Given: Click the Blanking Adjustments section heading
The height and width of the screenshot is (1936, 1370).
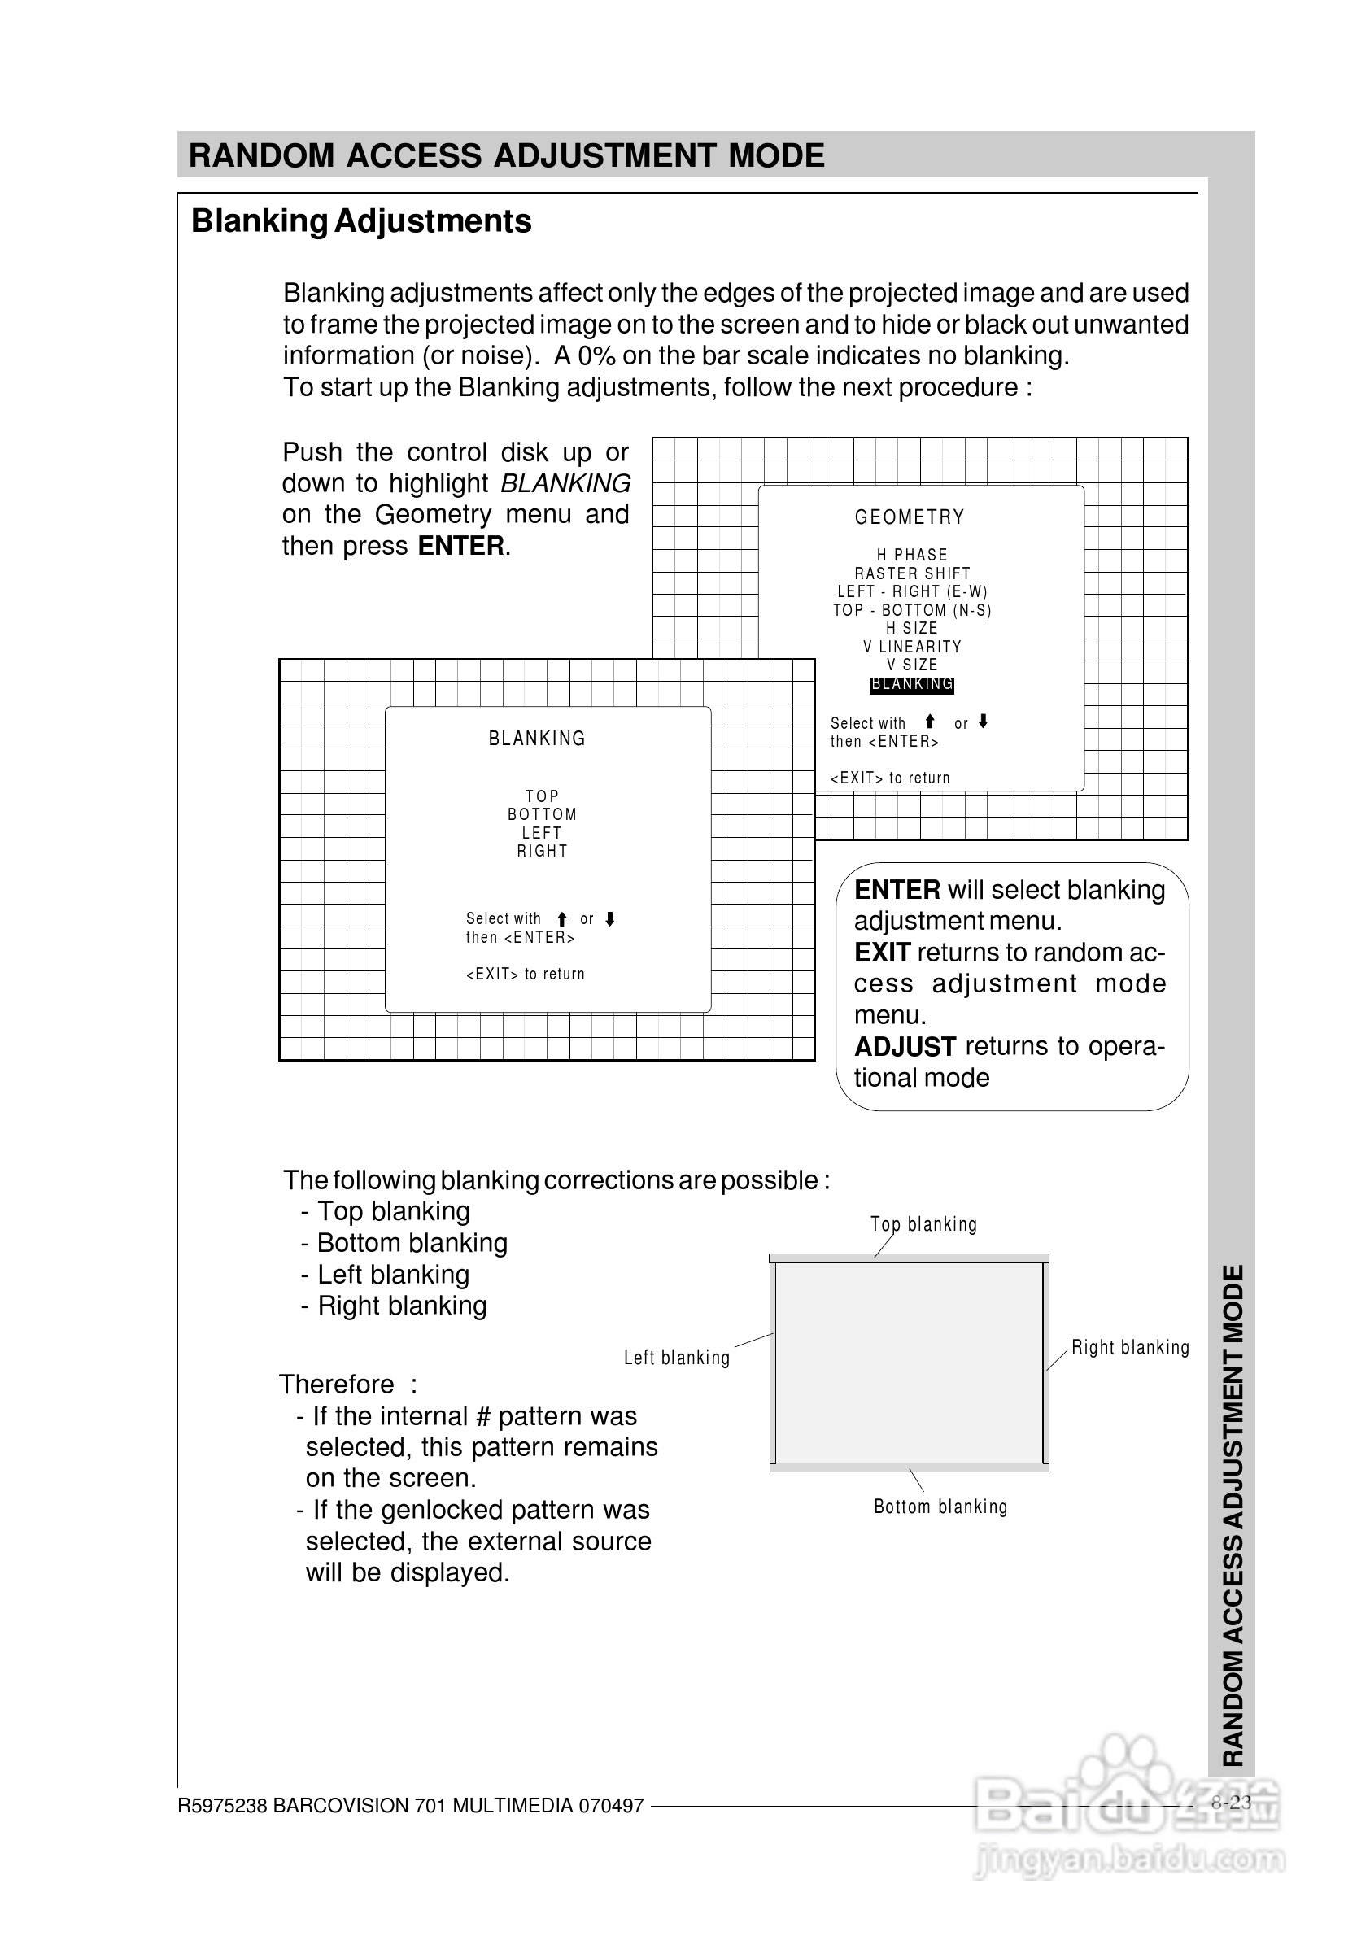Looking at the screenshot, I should (x=361, y=221).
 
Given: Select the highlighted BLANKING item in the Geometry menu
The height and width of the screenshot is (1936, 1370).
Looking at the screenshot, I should (x=911, y=684).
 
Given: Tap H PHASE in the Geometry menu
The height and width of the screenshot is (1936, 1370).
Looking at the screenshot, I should (x=912, y=554).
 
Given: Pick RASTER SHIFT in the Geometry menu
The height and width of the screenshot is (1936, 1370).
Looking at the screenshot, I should (x=912, y=573).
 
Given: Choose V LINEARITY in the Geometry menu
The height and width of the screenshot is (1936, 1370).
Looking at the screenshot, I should (x=912, y=646).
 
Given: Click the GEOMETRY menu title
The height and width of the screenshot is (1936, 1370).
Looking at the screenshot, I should (x=910, y=517).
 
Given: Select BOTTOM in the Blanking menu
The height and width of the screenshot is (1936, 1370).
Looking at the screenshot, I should (x=542, y=814).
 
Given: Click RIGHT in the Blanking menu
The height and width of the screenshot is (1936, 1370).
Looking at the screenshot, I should (x=543, y=851).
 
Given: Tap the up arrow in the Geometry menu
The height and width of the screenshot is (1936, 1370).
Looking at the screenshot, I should (x=930, y=722).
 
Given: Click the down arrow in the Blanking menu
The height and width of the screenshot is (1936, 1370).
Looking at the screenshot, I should (x=610, y=918).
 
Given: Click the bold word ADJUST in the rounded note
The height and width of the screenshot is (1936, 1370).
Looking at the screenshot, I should (x=905, y=1047).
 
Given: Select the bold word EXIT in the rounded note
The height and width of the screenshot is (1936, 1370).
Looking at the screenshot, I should (x=882, y=953).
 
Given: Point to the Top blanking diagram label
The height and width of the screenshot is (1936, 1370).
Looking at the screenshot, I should (x=923, y=1224).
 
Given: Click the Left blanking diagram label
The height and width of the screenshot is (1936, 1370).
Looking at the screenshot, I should (x=677, y=1358).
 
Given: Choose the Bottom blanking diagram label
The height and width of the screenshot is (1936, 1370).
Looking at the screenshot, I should (x=940, y=1507).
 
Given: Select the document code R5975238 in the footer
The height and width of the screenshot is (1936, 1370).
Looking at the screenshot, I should (x=223, y=1806).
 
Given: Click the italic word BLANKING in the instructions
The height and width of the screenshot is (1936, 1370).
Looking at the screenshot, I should (x=565, y=483).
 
